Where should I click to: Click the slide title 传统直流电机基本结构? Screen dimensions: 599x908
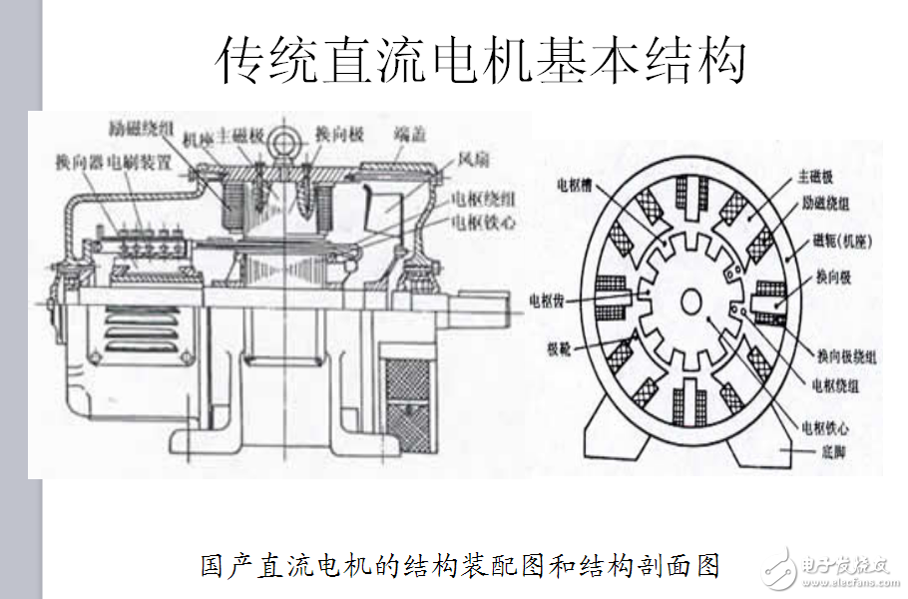pyautogui.click(x=482, y=62)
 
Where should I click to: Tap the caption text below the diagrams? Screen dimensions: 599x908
pyautogui.click(x=460, y=566)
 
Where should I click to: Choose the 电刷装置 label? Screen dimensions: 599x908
pyautogui.click(x=141, y=161)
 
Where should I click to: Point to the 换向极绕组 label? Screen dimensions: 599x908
pyautogui.click(x=847, y=355)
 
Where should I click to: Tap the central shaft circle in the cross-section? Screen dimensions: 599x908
pyautogui.click(x=690, y=302)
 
